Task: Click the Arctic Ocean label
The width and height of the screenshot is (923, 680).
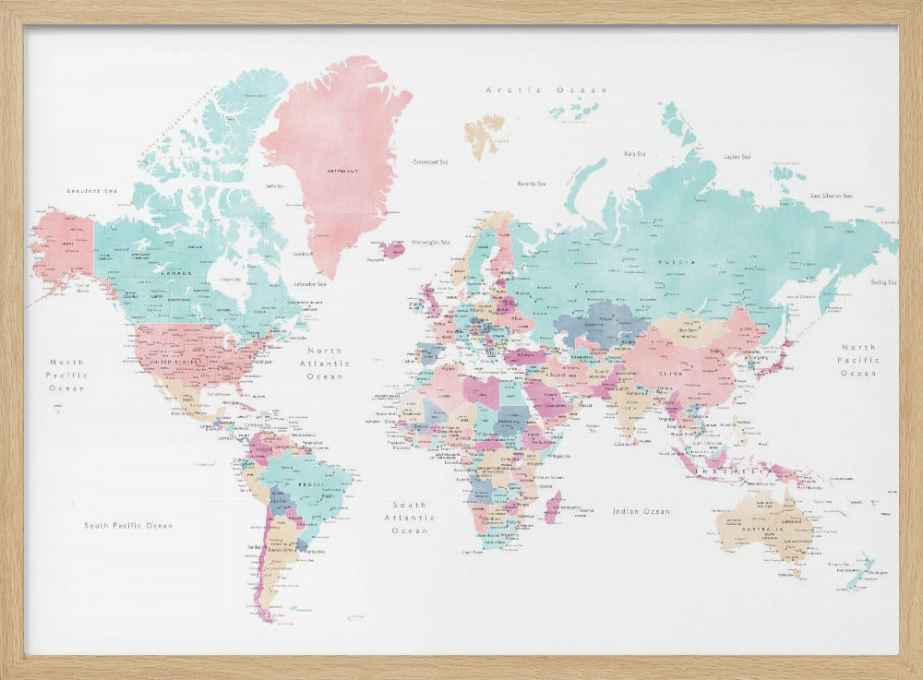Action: point(546,89)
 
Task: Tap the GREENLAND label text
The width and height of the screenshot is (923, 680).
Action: point(342,171)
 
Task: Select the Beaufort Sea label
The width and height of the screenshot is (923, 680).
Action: point(92,190)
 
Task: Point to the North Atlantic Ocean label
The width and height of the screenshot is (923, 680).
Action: point(324,364)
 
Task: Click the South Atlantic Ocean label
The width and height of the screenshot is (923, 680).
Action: point(409,518)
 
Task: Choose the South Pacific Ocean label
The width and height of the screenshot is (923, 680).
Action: point(128,525)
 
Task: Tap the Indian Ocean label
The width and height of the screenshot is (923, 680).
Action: point(641,510)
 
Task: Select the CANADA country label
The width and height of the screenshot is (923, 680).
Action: point(176,273)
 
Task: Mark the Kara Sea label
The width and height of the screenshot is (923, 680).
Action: point(634,153)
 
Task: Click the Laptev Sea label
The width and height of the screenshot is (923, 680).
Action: point(737,157)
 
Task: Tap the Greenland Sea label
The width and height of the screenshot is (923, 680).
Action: point(429,162)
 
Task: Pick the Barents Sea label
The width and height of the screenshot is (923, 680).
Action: point(532,183)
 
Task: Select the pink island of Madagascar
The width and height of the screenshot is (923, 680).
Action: point(553,507)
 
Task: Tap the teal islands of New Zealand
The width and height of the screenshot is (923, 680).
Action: point(860,569)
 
